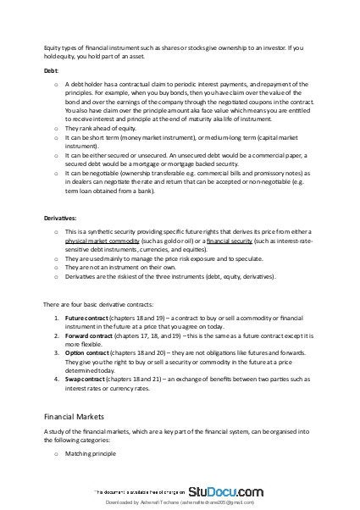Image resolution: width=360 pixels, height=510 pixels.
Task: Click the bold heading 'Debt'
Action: point(51,72)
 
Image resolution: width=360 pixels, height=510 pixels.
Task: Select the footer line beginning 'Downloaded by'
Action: point(180,502)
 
